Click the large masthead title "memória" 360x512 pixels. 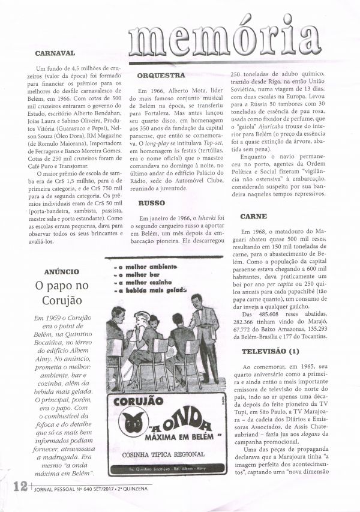click(216, 37)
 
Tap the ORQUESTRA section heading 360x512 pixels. click(160, 76)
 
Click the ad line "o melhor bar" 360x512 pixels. click(134, 274)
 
